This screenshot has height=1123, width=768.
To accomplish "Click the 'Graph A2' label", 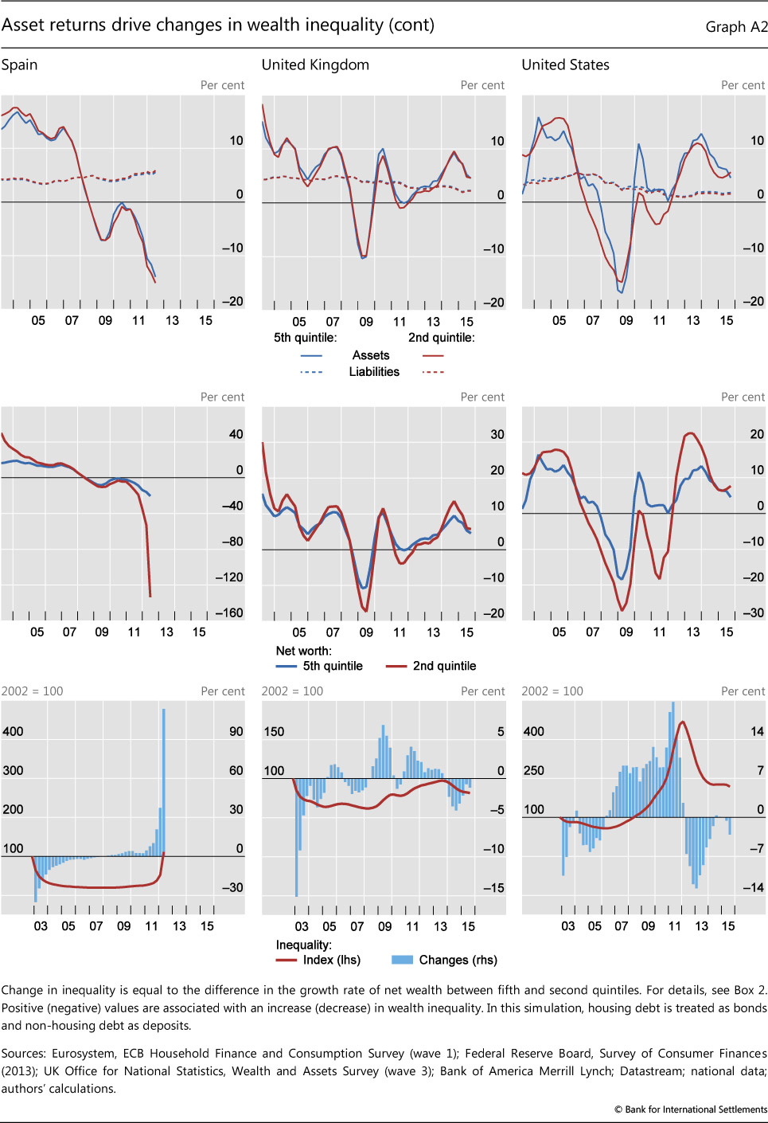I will (x=736, y=27).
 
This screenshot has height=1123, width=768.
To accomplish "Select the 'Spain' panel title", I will (x=20, y=65).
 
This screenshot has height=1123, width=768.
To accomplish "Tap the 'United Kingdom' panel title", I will (x=315, y=65).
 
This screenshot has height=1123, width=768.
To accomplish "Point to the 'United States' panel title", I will (x=565, y=65).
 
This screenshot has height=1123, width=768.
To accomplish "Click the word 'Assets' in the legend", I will (x=371, y=355).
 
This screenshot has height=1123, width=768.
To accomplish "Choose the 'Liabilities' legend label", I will (x=374, y=372).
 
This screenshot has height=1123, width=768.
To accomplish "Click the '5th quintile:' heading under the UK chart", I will (x=305, y=338).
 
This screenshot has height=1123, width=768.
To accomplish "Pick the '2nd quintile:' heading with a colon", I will (x=441, y=338).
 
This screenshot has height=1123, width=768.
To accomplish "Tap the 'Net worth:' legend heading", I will (x=303, y=651).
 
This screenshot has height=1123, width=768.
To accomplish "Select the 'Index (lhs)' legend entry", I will (x=331, y=960).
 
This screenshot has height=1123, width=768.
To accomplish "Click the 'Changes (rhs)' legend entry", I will (x=458, y=960).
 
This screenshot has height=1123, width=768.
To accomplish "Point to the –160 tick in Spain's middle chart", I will (x=229, y=613).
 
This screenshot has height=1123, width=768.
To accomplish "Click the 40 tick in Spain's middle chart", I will (x=236, y=435).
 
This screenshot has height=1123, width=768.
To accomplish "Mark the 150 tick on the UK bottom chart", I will (x=274, y=732).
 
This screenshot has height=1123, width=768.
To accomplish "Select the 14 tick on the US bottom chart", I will (x=757, y=732).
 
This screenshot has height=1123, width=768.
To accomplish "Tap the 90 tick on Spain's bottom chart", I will (x=236, y=732).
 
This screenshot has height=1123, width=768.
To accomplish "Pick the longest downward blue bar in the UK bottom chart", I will (x=297, y=836).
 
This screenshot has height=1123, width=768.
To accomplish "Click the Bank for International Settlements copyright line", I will (x=690, y=1109).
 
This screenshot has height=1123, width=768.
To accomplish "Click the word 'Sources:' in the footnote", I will (x=23, y=1054).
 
